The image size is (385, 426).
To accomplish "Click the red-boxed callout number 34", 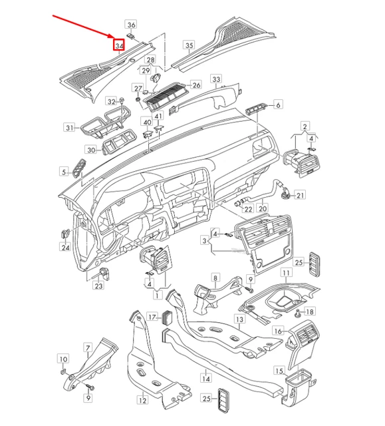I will pos(119,46).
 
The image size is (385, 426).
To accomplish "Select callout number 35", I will pos(189,46).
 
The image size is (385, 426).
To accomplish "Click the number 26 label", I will pos(196,85).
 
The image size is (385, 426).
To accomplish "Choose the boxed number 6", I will pos(278,104).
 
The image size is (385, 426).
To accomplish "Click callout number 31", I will pos(68,126).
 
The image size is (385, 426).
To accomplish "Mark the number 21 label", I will pos(300,195).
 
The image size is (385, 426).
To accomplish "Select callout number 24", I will pos(66,248).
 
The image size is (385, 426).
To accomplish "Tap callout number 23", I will pos(98,286).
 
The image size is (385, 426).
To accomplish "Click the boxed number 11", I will pos(285,273).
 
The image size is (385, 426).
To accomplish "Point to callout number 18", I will pos(310,312).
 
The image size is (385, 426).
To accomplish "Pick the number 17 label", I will pos(152,317).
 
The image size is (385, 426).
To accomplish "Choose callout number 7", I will pos(86,347).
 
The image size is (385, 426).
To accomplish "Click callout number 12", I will pos(142,400).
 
